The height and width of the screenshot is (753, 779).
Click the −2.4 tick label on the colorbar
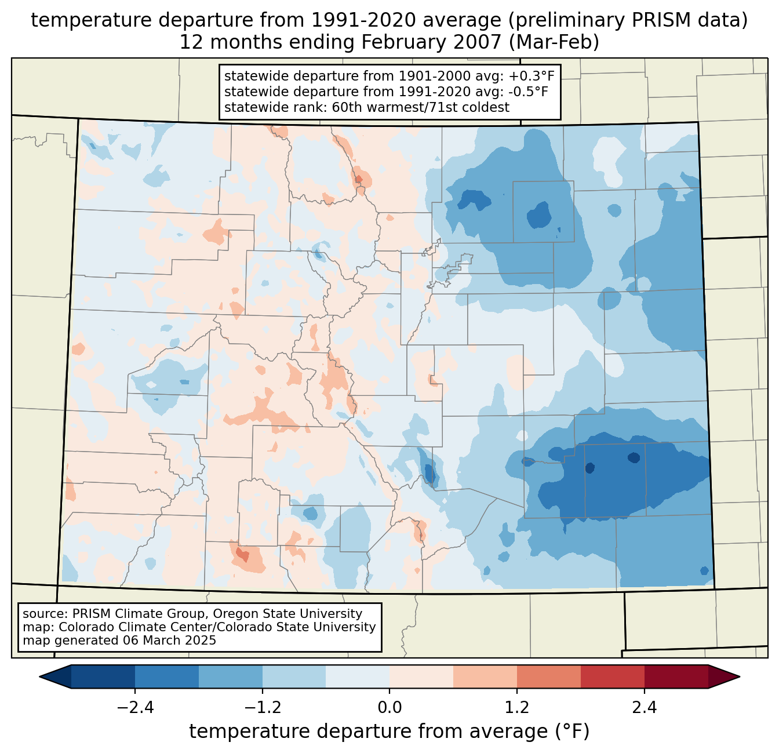point(134,708)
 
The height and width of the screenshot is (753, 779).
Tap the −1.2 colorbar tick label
point(262,708)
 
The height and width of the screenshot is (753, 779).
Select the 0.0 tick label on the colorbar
point(389,708)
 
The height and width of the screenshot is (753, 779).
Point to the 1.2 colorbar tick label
point(517,708)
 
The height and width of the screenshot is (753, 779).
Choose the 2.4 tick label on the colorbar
point(644,708)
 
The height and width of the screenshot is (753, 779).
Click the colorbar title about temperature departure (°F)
point(389,732)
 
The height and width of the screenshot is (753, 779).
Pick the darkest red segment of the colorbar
point(676,676)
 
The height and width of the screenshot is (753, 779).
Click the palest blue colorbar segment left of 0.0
point(358,676)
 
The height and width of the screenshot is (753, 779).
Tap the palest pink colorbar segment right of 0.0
point(421,676)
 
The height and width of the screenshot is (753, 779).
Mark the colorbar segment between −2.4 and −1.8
point(166,676)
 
